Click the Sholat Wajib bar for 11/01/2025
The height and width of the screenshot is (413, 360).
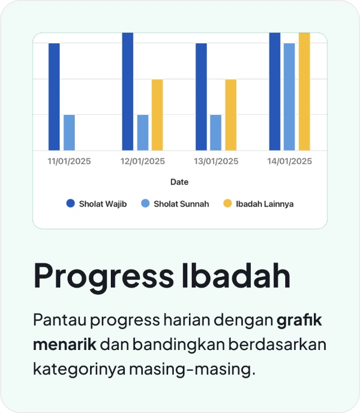click(54, 97)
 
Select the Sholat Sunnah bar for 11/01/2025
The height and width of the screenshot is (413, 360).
click(69, 133)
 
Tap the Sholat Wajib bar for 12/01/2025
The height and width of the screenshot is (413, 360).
click(128, 91)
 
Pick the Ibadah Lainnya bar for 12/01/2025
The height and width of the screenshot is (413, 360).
click(157, 115)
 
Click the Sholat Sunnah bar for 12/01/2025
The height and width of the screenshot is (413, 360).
click(143, 133)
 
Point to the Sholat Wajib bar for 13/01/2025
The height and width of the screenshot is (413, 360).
click(201, 97)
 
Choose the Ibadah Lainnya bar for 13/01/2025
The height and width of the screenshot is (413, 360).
click(231, 115)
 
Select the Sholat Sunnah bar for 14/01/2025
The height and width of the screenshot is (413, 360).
click(289, 97)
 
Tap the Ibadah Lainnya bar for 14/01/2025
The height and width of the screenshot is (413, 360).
click(304, 91)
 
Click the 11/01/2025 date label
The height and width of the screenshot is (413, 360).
click(69, 161)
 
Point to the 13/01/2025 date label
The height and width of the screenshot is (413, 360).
click(217, 161)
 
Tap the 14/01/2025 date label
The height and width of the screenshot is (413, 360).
click(290, 161)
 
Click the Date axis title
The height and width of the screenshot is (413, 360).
click(179, 182)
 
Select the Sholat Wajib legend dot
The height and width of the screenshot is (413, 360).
click(70, 204)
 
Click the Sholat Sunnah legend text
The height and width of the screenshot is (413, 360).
click(181, 204)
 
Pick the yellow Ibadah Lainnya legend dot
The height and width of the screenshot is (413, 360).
click(227, 204)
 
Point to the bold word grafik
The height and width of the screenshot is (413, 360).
click(300, 321)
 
